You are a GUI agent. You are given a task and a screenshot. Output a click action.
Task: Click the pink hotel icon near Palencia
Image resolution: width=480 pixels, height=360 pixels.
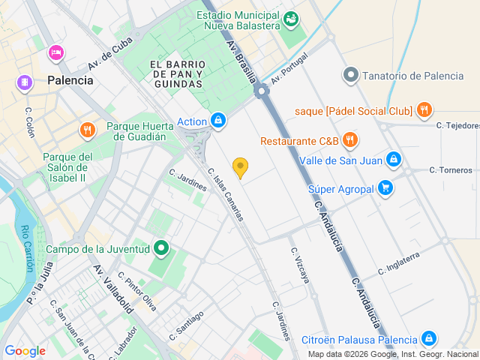pos(55,53)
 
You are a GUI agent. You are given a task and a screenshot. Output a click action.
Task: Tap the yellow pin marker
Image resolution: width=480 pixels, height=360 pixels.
pos(240,167)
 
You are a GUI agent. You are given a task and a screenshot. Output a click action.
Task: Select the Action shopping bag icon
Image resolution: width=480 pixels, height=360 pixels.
pos(218,121)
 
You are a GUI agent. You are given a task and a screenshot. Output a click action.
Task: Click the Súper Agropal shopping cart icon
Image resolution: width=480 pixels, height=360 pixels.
pos(385,188)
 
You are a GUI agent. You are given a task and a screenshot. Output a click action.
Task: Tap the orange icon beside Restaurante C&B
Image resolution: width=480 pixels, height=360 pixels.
pos(349,140)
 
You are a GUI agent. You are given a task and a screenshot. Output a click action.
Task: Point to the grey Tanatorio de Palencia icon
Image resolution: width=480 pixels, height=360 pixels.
pos(350,75)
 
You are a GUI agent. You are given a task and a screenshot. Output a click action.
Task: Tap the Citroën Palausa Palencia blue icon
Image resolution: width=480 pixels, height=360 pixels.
pos(428,338)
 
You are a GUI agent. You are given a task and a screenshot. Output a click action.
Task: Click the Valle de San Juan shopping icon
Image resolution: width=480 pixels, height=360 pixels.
pos(393,160)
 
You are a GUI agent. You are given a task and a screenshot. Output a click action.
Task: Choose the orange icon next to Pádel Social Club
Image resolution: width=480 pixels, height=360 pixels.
pos(424,110)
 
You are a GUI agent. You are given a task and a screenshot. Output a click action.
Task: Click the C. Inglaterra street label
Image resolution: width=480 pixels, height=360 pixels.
pos(409,262)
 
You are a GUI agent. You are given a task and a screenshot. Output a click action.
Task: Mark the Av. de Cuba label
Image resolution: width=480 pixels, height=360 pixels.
pos(110,54)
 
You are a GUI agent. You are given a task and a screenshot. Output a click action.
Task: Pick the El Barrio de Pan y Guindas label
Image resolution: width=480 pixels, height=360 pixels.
pos(177,74)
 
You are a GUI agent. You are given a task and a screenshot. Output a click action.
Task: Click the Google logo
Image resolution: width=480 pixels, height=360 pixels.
pos(25,351)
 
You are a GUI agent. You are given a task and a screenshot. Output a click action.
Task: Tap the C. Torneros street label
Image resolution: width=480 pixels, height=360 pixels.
pos(451,170)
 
